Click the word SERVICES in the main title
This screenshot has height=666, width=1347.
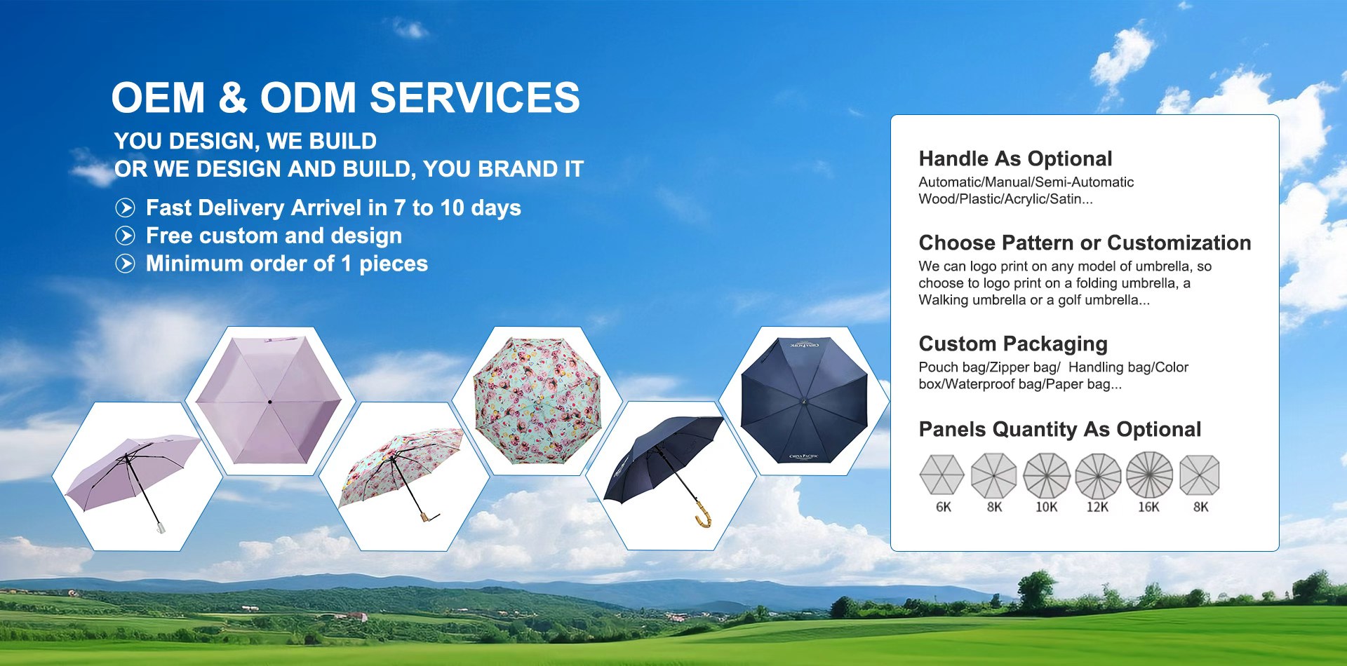click(x=475, y=97)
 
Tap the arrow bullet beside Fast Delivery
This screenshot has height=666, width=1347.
click(x=125, y=208)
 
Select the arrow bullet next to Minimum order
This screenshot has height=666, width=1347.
click(x=125, y=264)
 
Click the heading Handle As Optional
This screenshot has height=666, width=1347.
click(x=1015, y=158)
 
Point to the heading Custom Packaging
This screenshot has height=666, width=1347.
click(x=1012, y=344)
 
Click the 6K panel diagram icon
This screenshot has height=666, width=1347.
click(x=942, y=475)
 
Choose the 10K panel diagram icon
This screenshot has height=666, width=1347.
click(x=1046, y=475)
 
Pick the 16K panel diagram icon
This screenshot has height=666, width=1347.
click(x=1149, y=475)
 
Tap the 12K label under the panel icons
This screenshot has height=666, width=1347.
click(x=1097, y=507)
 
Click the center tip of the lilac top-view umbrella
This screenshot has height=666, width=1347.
click(x=269, y=402)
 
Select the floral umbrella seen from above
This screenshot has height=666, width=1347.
click(x=538, y=401)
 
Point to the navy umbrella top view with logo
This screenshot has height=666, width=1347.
click(x=804, y=401)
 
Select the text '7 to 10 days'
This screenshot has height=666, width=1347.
click(x=457, y=208)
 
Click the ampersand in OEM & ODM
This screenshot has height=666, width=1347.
click(x=232, y=97)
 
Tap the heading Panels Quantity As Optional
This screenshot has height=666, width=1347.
click(x=1059, y=429)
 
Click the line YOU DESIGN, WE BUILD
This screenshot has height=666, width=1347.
click(x=245, y=141)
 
